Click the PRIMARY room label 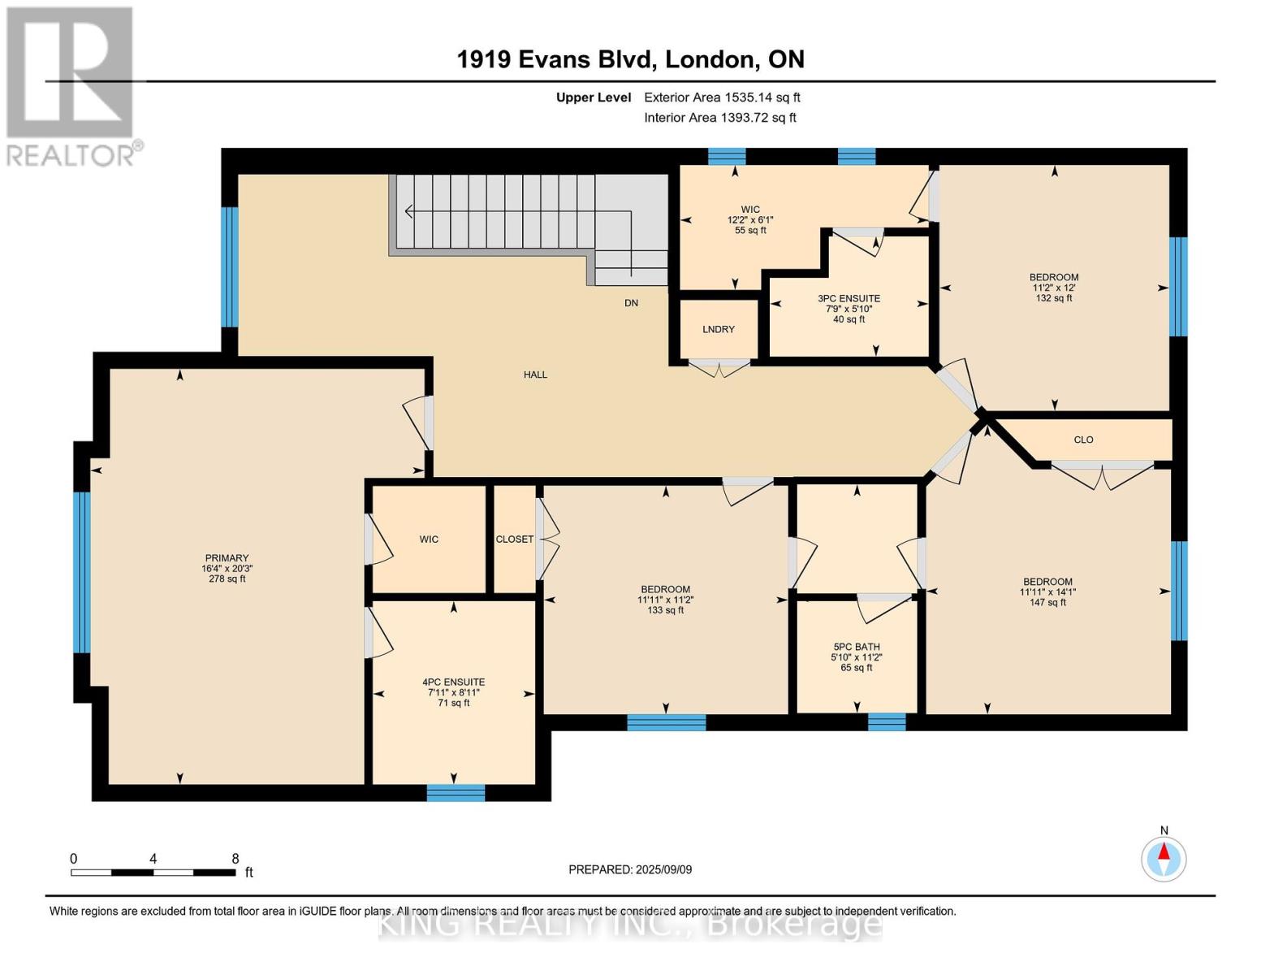tap(227, 557)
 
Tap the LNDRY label tap(719, 329)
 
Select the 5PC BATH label tap(857, 647)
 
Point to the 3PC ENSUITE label tap(849, 298)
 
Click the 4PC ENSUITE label tap(453, 682)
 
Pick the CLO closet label tap(1083, 440)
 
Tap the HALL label tap(535, 375)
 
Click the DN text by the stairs tap(632, 302)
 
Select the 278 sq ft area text tap(227, 579)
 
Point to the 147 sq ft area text tap(1047, 603)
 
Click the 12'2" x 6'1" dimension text tap(750, 220)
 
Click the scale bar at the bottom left tap(153, 872)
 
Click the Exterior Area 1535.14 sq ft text tap(722, 97)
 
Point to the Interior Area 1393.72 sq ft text tap(720, 118)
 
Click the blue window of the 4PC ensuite tap(456, 793)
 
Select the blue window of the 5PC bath tap(887, 721)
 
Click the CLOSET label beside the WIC tap(514, 539)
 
